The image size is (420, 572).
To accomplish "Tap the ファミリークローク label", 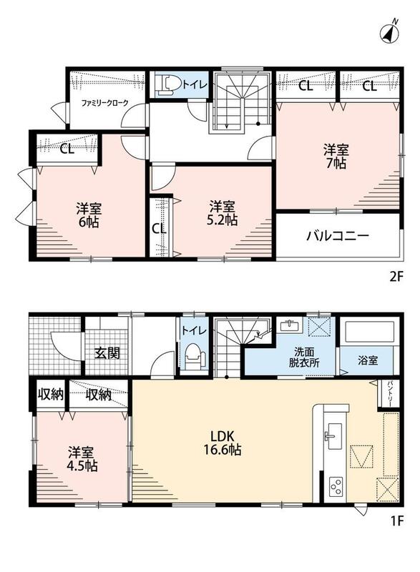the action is pos(104,103).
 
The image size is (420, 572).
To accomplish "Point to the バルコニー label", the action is pos(337,236).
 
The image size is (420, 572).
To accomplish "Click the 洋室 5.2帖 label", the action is pos(223,213).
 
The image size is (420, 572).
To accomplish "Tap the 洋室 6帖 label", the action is pos(89,215).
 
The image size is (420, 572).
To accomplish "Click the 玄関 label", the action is pos(107,352).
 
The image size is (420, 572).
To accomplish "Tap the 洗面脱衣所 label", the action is pos(304,357).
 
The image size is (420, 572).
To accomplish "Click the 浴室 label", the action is pos(368,360).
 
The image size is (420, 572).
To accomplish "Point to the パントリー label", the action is pos(389,394).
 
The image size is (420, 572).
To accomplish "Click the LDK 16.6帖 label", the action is pos(222,443).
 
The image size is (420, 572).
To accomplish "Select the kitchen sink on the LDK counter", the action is pos(334,436).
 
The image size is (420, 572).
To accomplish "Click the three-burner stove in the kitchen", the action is pos(336,487).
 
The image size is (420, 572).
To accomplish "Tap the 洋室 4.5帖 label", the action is pos(82,459).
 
